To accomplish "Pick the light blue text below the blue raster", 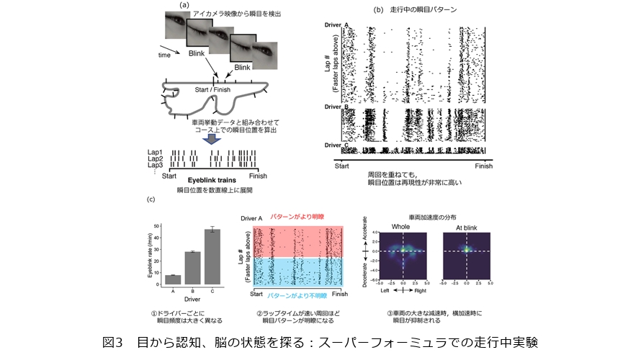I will pyautogui.click(x=296, y=295).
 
